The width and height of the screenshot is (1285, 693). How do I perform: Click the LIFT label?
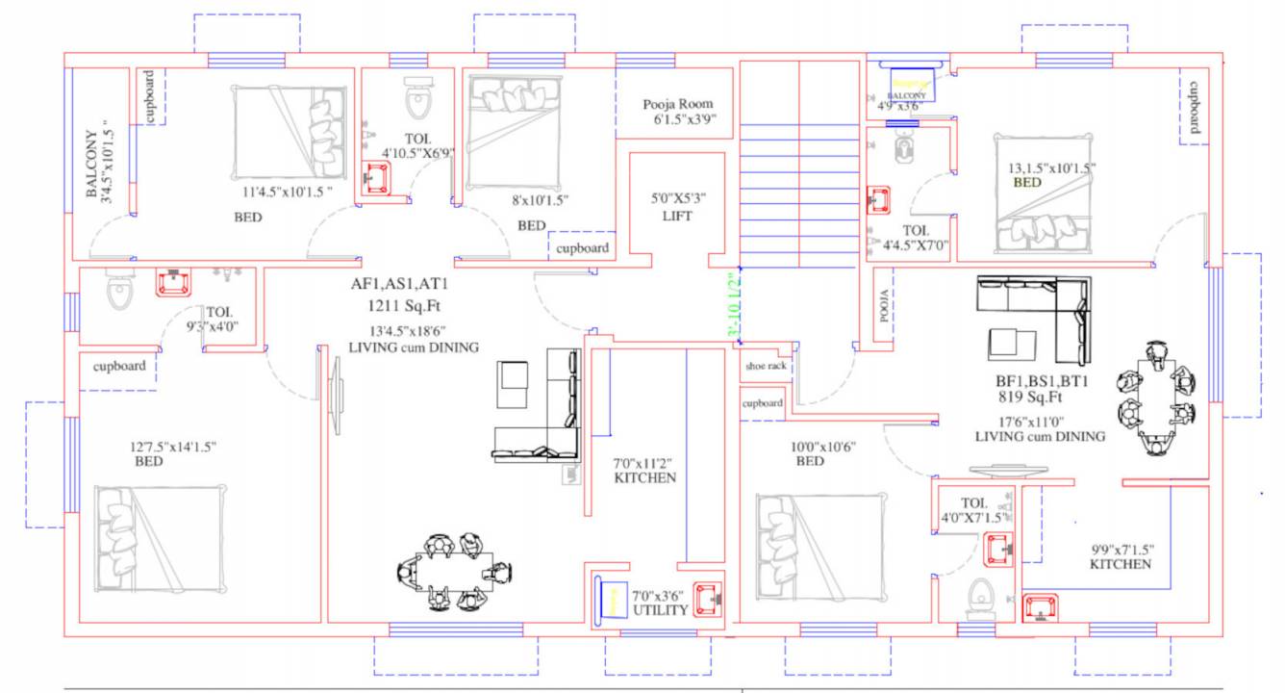(x=676, y=217)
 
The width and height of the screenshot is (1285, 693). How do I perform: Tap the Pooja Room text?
(x=678, y=104)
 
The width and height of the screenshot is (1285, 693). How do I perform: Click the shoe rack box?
(x=765, y=367)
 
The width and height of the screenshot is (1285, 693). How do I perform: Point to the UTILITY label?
(x=660, y=610)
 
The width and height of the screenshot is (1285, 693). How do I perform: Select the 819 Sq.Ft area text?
(x=1029, y=396)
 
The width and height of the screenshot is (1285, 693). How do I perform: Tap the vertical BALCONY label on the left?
(x=91, y=165)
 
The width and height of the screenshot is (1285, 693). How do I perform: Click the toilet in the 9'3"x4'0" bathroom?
(x=118, y=290)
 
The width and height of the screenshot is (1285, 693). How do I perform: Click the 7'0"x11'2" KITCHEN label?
(x=644, y=470)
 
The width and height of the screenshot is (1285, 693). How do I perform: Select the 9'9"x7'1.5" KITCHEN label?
(x=1121, y=556)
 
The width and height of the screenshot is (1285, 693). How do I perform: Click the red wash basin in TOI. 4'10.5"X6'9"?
(x=377, y=177)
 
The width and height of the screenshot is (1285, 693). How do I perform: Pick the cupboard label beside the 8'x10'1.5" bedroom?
(x=582, y=247)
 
